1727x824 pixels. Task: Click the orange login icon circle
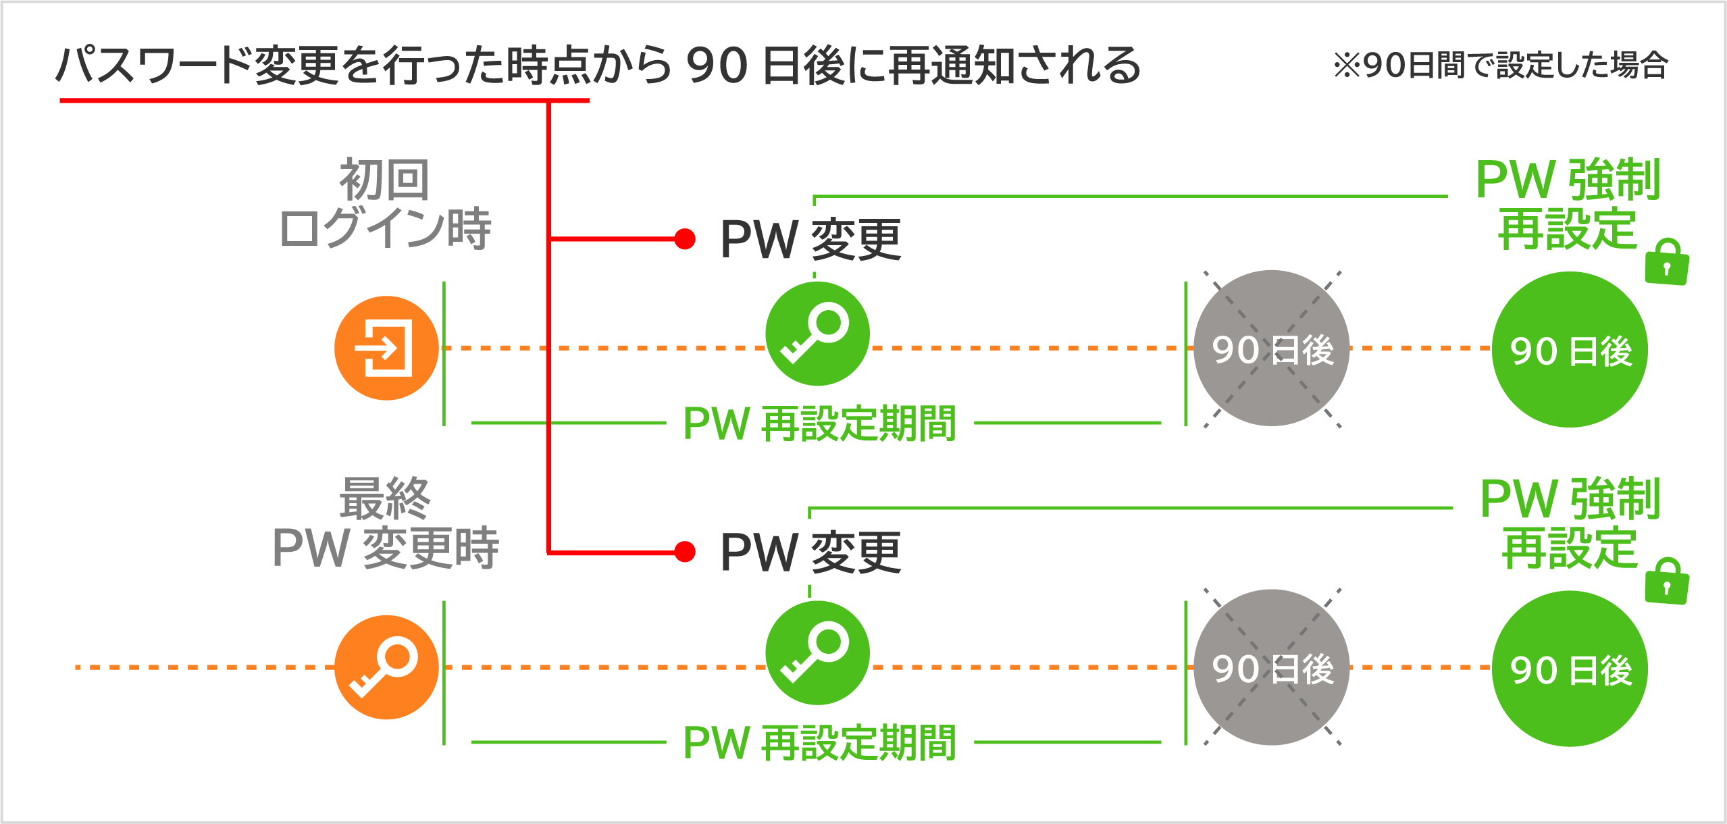pyautogui.click(x=386, y=348)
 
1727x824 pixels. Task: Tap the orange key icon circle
pyautogui.click(x=386, y=667)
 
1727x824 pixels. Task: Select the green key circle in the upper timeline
pyautogui.click(x=817, y=334)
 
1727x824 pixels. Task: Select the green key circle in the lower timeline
pyautogui.click(x=817, y=652)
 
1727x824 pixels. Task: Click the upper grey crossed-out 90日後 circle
pyautogui.click(x=1271, y=348)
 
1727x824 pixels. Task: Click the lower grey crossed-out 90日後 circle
pyautogui.click(x=1271, y=667)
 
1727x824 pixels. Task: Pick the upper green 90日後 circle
pyautogui.click(x=1570, y=349)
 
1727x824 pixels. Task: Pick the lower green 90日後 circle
pyautogui.click(x=1570, y=669)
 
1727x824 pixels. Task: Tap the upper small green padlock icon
pyautogui.click(x=1667, y=263)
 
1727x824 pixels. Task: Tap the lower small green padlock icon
pyautogui.click(x=1667, y=582)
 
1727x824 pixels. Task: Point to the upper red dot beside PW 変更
pyautogui.click(x=685, y=238)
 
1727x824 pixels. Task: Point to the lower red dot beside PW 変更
pyautogui.click(x=685, y=551)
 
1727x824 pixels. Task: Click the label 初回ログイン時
pyautogui.click(x=385, y=205)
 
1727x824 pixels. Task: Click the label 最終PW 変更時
pyautogui.click(x=385, y=523)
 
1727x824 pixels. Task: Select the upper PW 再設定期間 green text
pyautogui.click(x=819, y=423)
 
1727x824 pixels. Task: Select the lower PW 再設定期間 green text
pyautogui.click(x=819, y=742)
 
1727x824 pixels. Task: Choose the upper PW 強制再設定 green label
pyautogui.click(x=1567, y=205)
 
